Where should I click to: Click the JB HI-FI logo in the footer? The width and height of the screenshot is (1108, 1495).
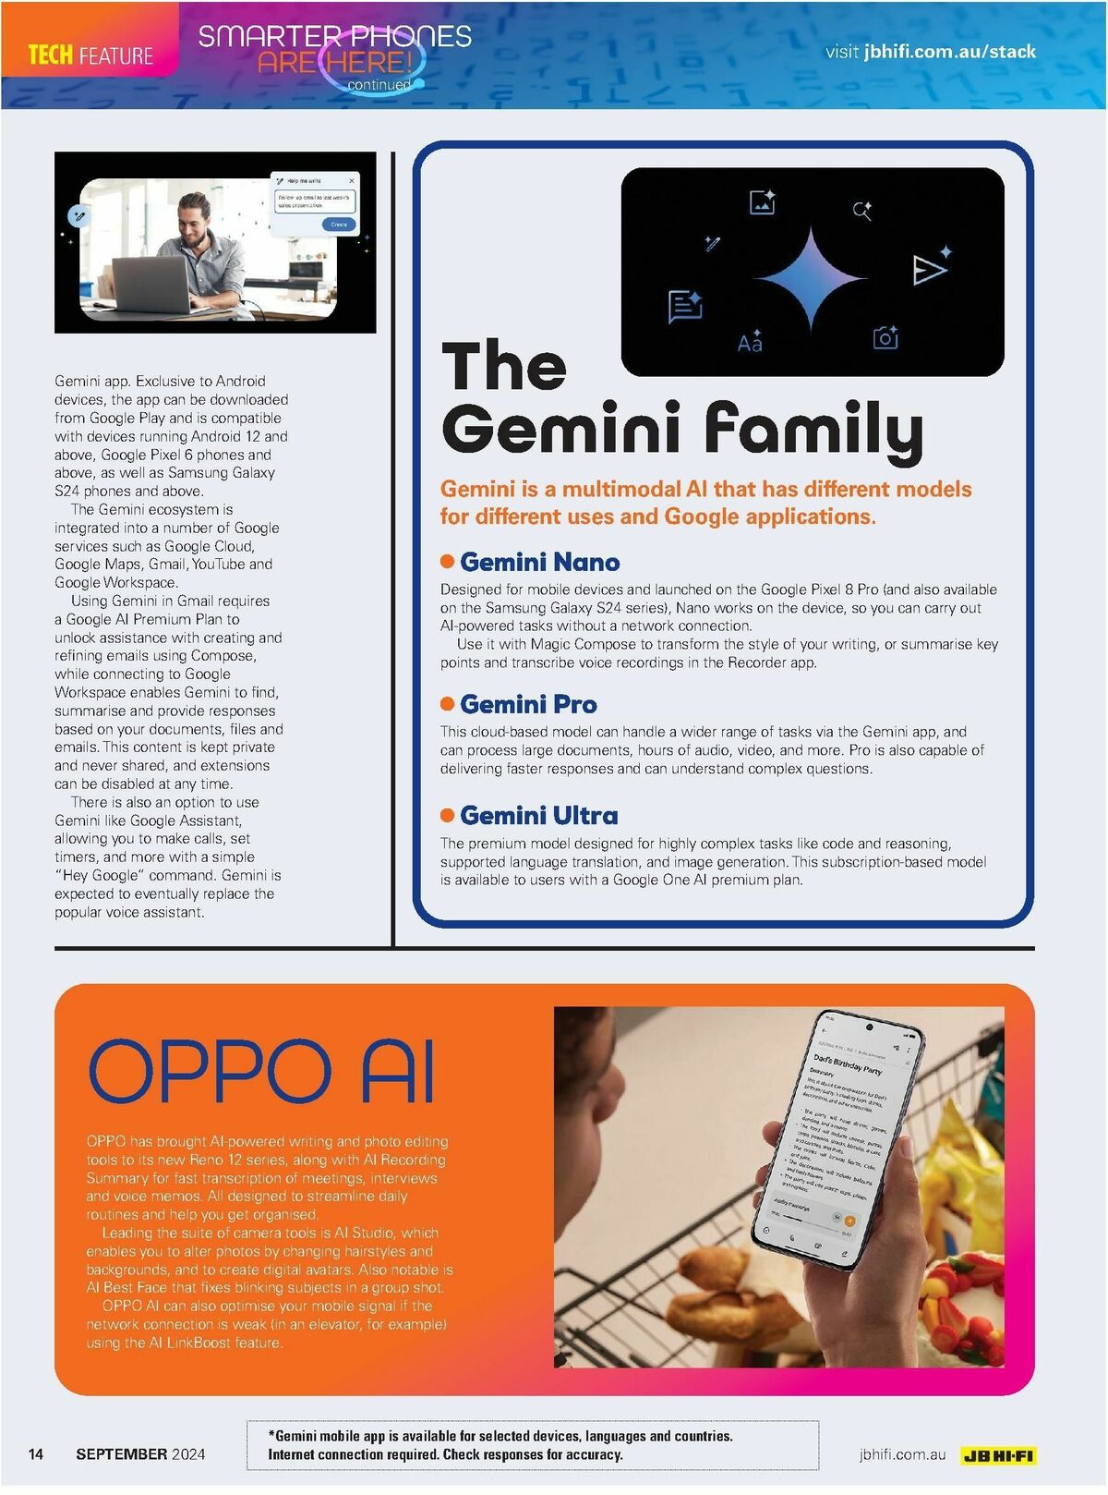pyautogui.click(x=997, y=1455)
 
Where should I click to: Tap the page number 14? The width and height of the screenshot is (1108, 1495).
pyautogui.click(x=36, y=1453)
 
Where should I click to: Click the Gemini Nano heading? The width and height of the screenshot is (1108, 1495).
pyautogui.click(x=539, y=562)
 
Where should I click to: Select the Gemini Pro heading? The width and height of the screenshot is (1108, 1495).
pyautogui.click(x=528, y=704)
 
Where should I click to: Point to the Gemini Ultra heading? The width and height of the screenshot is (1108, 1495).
pyautogui.click(x=538, y=815)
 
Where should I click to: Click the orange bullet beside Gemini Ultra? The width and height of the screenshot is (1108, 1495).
pyautogui.click(x=448, y=815)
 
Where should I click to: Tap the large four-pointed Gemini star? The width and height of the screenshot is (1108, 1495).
pyautogui.click(x=810, y=278)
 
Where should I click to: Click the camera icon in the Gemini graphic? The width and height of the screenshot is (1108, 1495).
pyautogui.click(x=885, y=337)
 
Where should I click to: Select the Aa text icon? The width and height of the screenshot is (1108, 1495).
pyautogui.click(x=750, y=342)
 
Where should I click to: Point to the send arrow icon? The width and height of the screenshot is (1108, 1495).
pyautogui.click(x=929, y=269)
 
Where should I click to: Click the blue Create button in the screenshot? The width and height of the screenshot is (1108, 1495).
pyautogui.click(x=338, y=225)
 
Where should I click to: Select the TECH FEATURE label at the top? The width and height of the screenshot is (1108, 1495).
pyautogui.click(x=90, y=55)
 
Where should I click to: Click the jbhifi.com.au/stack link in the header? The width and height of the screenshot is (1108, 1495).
pyautogui.click(x=949, y=52)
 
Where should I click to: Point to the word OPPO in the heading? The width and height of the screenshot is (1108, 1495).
pyautogui.click(x=210, y=1071)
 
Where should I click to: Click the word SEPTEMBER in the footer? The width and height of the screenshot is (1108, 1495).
pyautogui.click(x=122, y=1453)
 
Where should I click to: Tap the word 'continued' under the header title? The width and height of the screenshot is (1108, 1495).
pyautogui.click(x=379, y=85)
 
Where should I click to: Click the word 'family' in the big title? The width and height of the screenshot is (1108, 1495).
pyautogui.click(x=813, y=431)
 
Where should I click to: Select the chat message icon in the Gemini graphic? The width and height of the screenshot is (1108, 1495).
pyautogui.click(x=684, y=306)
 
